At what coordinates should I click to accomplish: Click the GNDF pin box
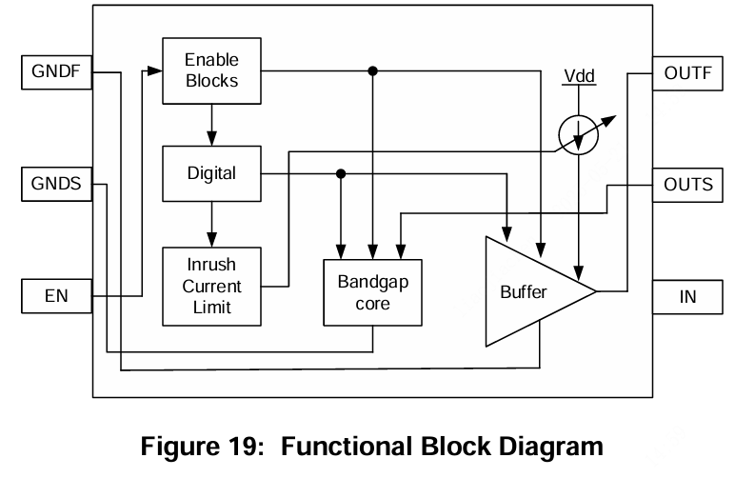(x=57, y=71)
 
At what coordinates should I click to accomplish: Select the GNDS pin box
(x=57, y=184)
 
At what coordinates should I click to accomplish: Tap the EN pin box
(x=57, y=297)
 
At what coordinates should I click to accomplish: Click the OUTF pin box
(x=687, y=71)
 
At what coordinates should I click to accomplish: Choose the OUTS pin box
(x=687, y=184)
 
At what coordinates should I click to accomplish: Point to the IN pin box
(x=687, y=297)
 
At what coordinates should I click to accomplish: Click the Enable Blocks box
(x=211, y=71)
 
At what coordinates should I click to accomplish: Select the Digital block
(x=211, y=173)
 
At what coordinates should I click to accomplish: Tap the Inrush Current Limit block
(x=211, y=286)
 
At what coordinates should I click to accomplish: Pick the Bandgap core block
(x=371, y=293)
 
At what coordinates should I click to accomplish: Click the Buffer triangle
(x=528, y=291)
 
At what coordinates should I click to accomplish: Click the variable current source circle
(x=578, y=136)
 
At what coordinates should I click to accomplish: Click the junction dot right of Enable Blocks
(x=373, y=71)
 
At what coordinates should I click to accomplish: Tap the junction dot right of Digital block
(x=341, y=173)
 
